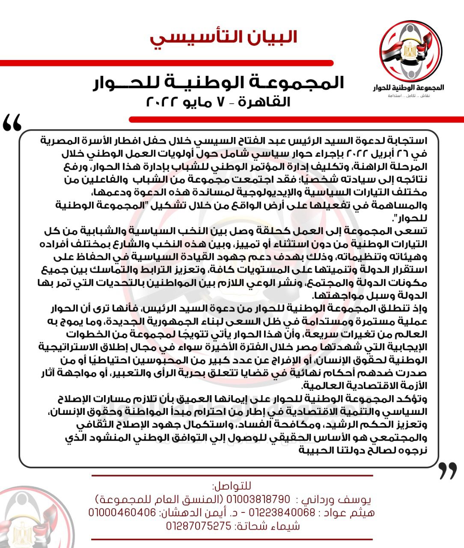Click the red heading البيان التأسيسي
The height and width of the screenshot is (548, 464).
click(x=223, y=37)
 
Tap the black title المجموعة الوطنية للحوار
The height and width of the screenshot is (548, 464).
click(x=219, y=83)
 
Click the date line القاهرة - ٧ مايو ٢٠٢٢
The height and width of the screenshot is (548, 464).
click(x=218, y=102)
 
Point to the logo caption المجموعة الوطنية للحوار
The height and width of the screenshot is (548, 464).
click(x=409, y=87)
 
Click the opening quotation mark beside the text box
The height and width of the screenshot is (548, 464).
click(x=12, y=124)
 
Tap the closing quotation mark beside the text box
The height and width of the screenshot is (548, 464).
click(x=448, y=471)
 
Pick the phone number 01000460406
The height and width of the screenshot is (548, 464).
click(x=122, y=512)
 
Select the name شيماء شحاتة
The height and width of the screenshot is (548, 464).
click(x=268, y=526)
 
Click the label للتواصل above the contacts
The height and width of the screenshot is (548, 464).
click(x=232, y=486)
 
